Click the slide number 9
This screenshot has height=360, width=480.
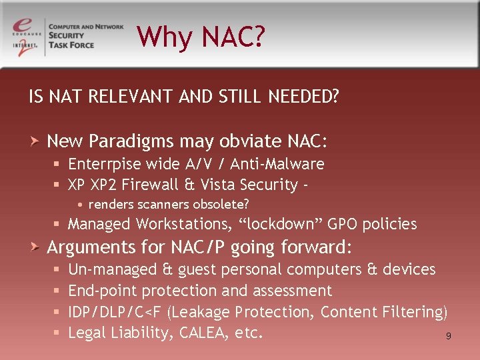(x=449, y=337)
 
